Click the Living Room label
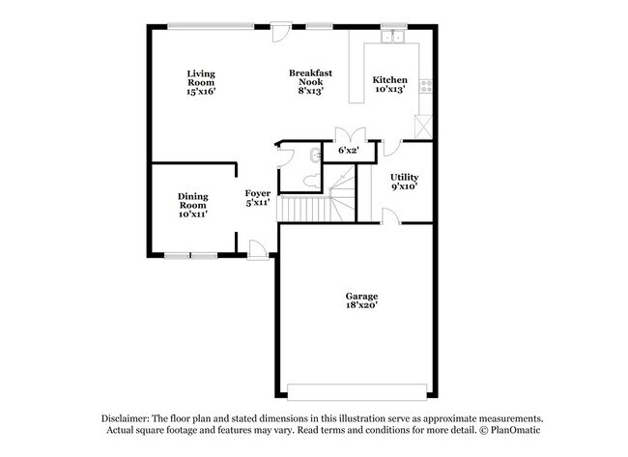pos(201,82)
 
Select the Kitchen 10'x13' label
pos(389,84)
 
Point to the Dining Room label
pos(192,205)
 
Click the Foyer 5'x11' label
pos(257,198)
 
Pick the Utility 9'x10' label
pos(404,182)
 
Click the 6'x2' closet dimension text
pos(348,151)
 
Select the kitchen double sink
pos(392,37)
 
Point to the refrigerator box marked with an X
pos(422,126)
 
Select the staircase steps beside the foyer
pos(304,206)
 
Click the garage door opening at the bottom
pos(357,391)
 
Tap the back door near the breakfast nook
pos(281,34)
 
